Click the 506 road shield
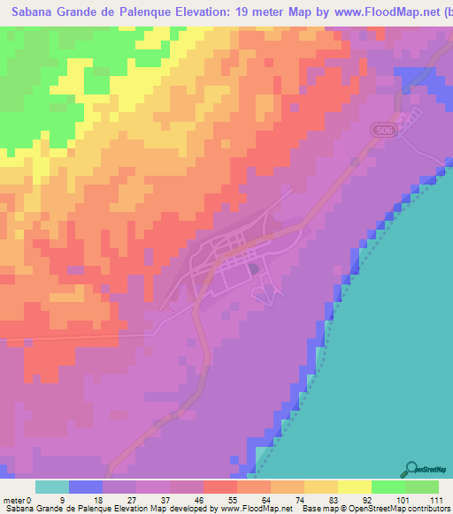[x=381, y=129]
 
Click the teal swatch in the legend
[x=51, y=488]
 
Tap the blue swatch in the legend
[x=85, y=488]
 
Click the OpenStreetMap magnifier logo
[x=411, y=470]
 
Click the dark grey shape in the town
[x=254, y=268]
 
